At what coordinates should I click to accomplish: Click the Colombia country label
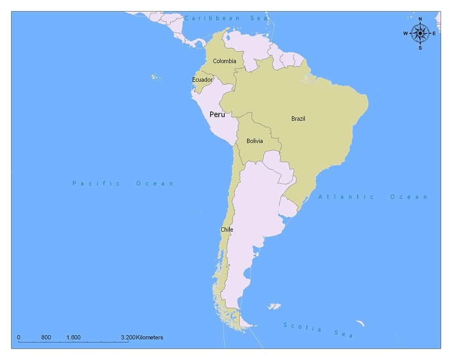click(x=225, y=61)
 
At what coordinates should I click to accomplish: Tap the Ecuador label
click(x=202, y=79)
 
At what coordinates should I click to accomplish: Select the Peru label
click(x=217, y=114)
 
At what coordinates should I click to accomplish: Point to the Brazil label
click(x=298, y=119)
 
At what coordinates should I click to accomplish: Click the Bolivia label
click(x=254, y=141)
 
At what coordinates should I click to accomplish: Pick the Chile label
click(x=227, y=229)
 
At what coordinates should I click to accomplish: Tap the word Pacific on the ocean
click(x=96, y=183)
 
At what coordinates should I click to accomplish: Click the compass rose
click(x=420, y=33)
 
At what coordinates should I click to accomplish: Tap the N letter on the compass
click(x=420, y=19)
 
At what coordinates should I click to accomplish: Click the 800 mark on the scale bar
click(x=46, y=337)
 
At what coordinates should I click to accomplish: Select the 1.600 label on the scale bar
click(x=73, y=337)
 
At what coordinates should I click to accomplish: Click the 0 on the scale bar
click(x=19, y=337)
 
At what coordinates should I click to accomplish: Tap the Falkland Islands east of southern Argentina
click(x=274, y=306)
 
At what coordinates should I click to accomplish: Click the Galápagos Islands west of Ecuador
click(x=156, y=77)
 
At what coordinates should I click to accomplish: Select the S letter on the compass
click(x=420, y=47)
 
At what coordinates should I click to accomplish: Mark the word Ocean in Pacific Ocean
click(x=155, y=183)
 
